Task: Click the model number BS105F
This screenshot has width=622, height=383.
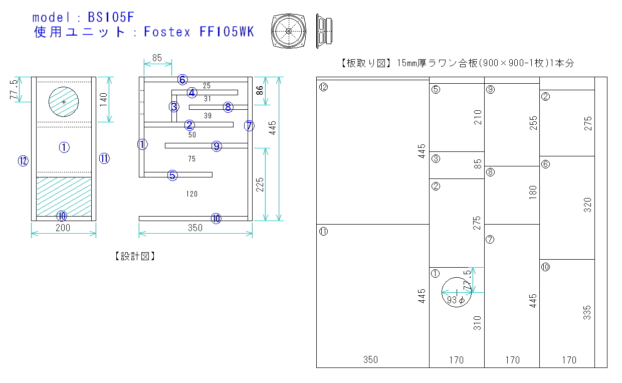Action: (111, 17)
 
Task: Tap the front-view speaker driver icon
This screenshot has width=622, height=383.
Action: (288, 31)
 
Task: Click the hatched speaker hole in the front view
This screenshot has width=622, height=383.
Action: (64, 102)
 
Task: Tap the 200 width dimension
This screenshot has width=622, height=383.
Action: (63, 228)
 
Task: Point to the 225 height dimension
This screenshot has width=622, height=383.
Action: (260, 185)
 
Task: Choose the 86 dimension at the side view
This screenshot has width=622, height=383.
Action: (260, 91)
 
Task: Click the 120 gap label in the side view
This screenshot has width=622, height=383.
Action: (191, 194)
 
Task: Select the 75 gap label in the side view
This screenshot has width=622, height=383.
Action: (191, 159)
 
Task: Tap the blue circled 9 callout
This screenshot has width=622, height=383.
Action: (216, 146)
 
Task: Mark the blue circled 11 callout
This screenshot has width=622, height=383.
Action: (104, 158)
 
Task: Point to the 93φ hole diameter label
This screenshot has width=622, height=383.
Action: (456, 300)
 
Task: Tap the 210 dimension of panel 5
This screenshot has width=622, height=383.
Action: (478, 117)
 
